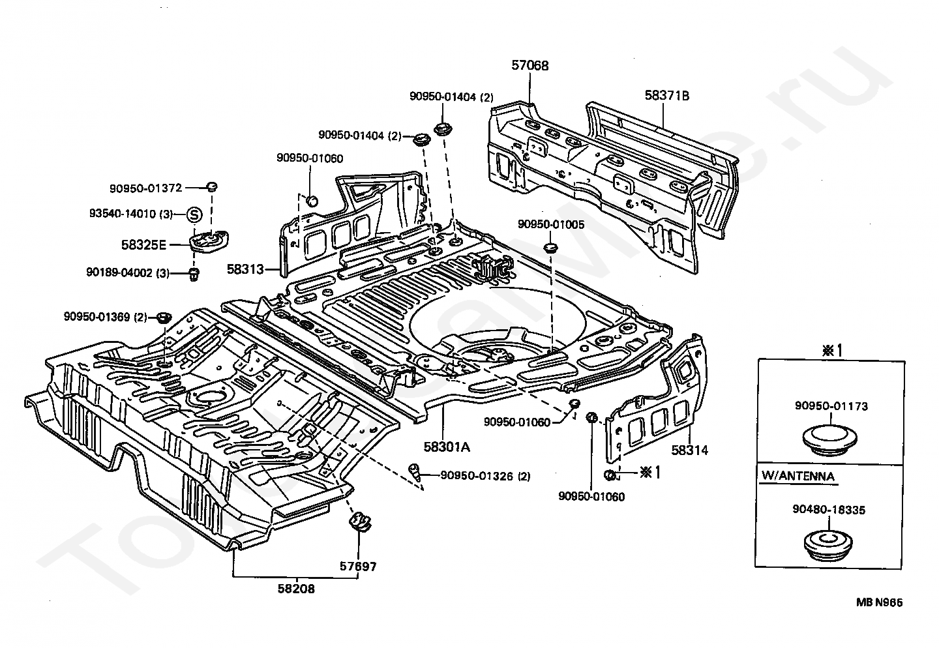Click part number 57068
tap(529, 65)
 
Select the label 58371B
tap(667, 96)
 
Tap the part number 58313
tap(245, 269)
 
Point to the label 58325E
tap(143, 245)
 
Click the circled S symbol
tap(195, 214)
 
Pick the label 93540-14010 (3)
tap(130, 214)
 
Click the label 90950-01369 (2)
tap(105, 317)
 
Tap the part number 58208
tap(296, 589)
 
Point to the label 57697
tap(357, 567)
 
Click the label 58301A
tap(447, 447)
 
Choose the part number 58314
tap(690, 450)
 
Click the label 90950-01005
tap(551, 224)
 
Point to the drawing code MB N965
tap(880, 604)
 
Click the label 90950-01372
tap(145, 188)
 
